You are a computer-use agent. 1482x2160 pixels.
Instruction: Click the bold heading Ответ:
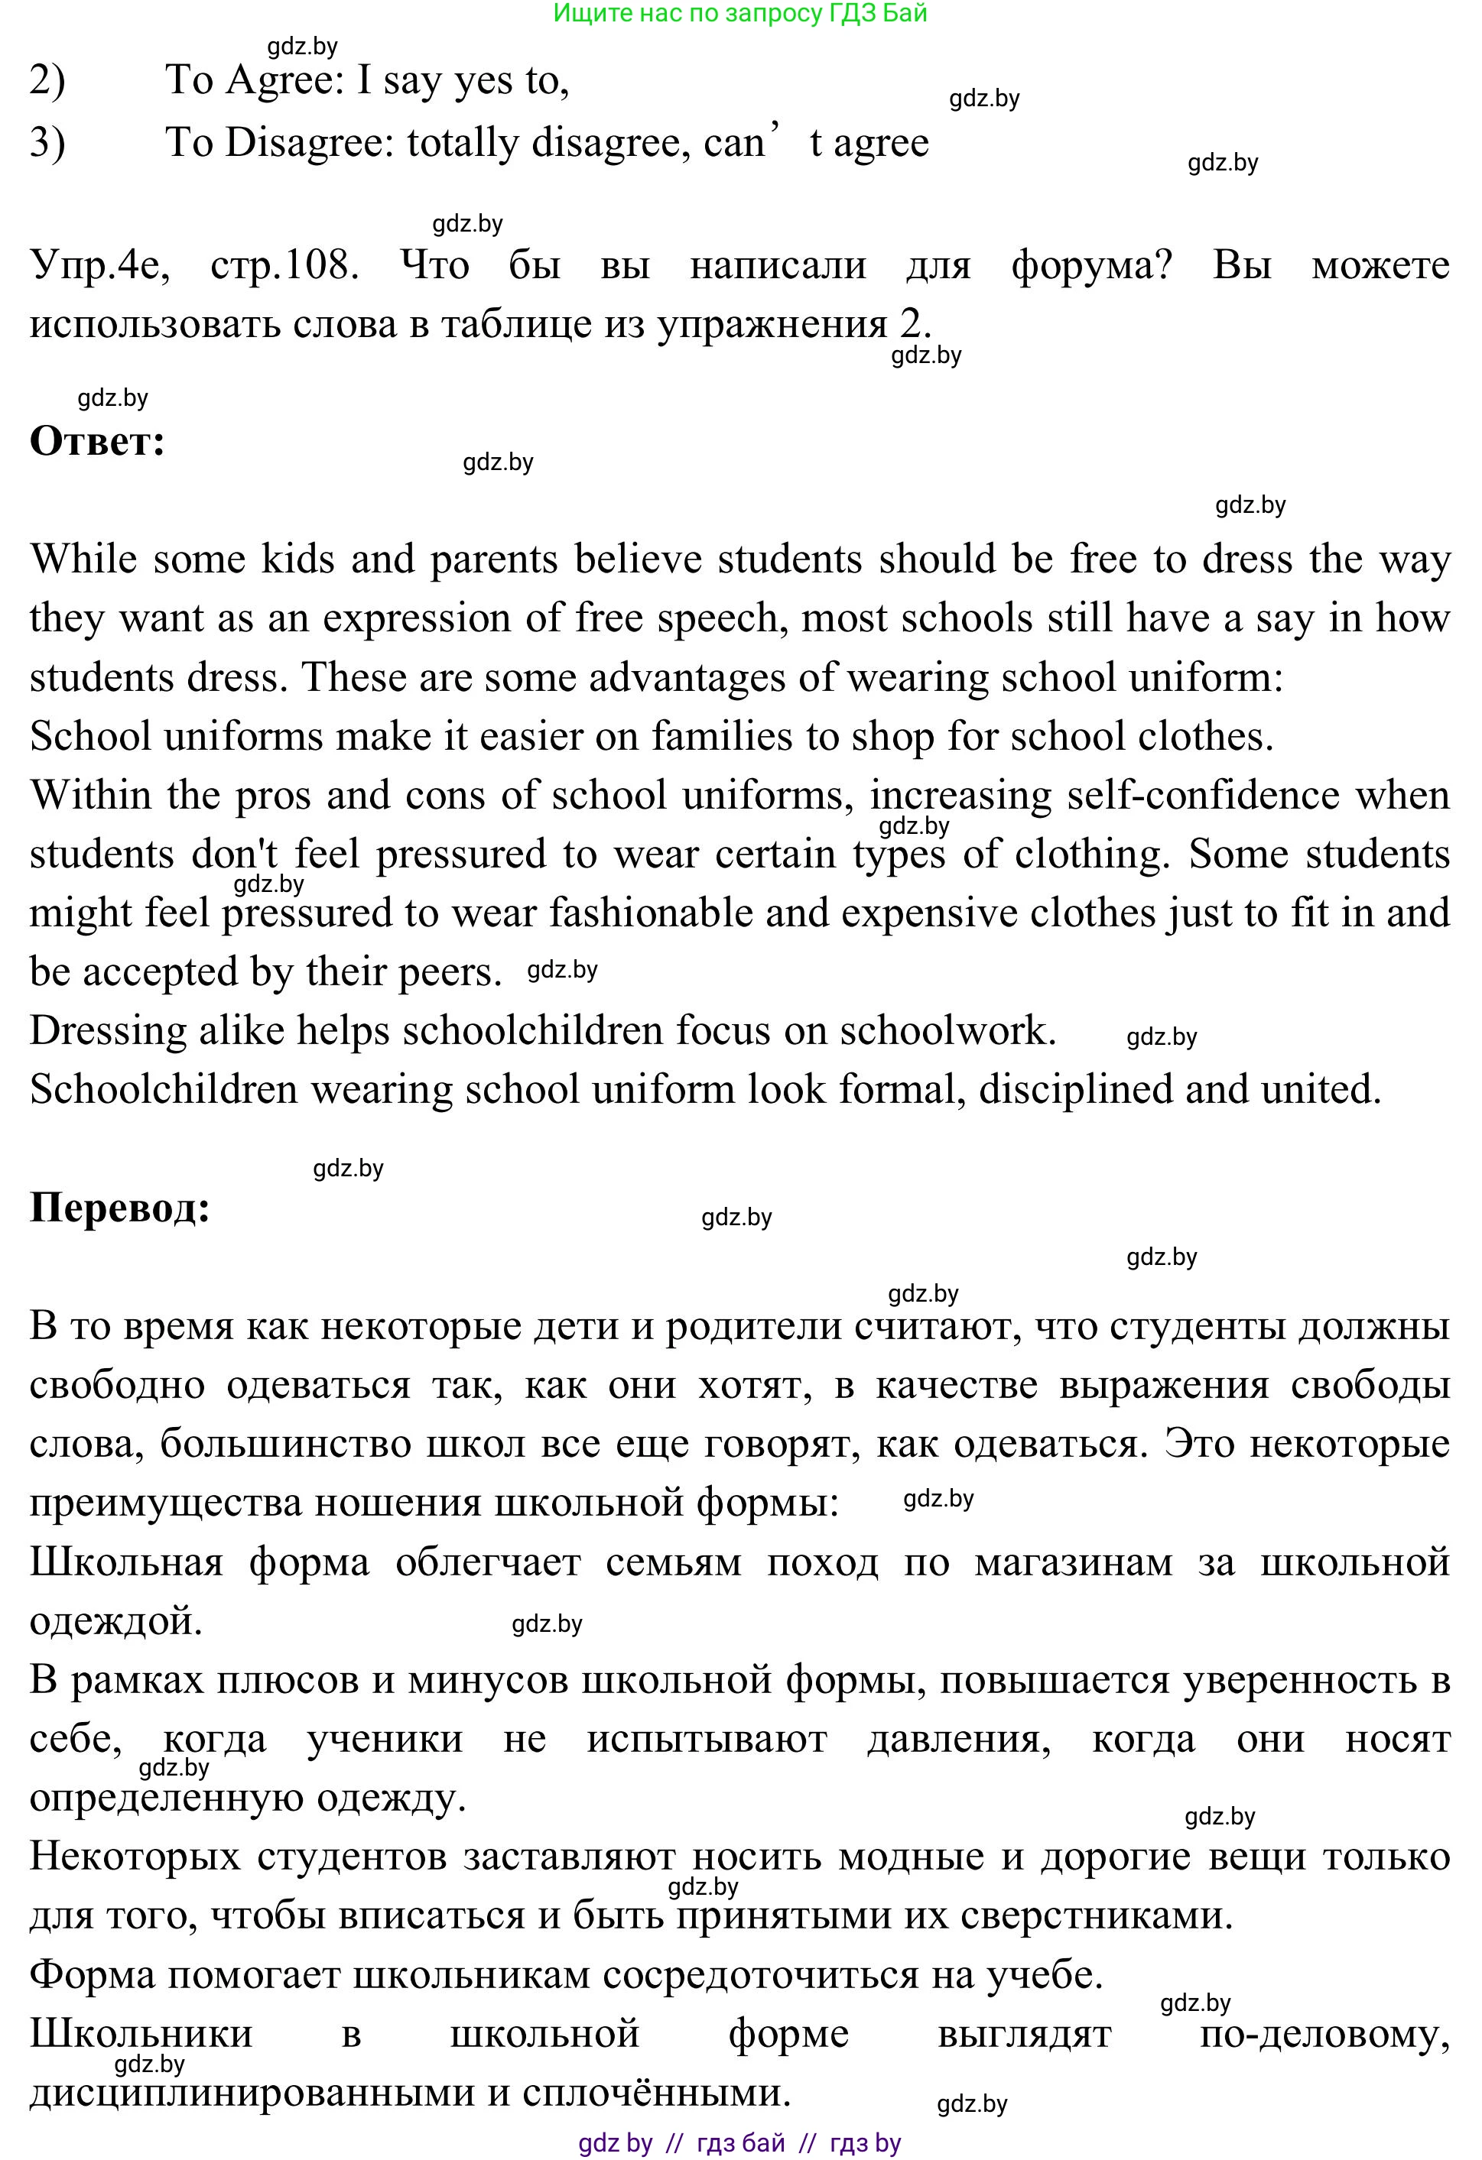[x=98, y=442]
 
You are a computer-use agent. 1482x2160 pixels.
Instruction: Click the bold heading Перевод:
[x=120, y=1208]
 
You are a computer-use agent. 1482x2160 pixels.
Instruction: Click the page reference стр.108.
[x=284, y=266]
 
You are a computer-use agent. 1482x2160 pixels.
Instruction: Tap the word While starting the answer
[x=83, y=559]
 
